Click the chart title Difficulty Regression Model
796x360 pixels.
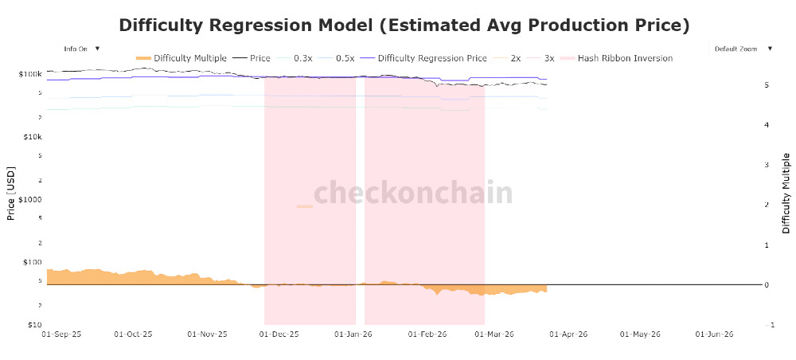(x=404, y=25)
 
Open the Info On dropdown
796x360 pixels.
(x=82, y=49)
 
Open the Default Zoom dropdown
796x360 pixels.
(x=743, y=49)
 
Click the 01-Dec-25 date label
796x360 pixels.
(x=280, y=335)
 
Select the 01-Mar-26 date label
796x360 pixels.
(x=494, y=335)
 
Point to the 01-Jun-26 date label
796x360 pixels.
(x=713, y=335)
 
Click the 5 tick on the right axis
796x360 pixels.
(x=765, y=84)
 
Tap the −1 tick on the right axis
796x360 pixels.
(x=767, y=325)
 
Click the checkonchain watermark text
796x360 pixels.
(x=413, y=194)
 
